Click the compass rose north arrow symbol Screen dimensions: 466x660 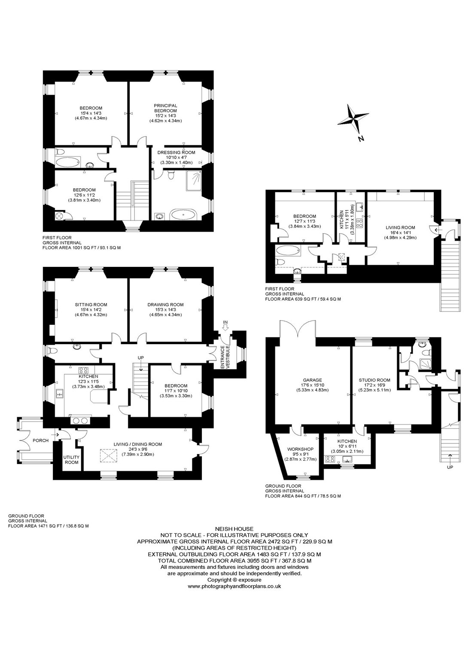coord(353,117)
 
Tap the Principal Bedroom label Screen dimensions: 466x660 coord(165,108)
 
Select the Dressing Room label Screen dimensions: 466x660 coord(176,153)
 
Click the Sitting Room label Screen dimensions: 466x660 coord(91,305)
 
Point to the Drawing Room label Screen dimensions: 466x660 coord(165,305)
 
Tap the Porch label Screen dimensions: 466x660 coord(41,440)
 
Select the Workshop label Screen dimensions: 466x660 coord(300,449)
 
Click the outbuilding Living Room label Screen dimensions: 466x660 coord(400,227)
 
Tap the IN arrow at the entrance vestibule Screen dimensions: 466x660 coord(225,327)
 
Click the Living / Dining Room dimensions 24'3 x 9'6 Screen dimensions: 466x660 coord(138,449)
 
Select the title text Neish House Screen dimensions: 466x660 coord(234,529)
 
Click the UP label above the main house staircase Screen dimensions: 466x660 coord(141,357)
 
